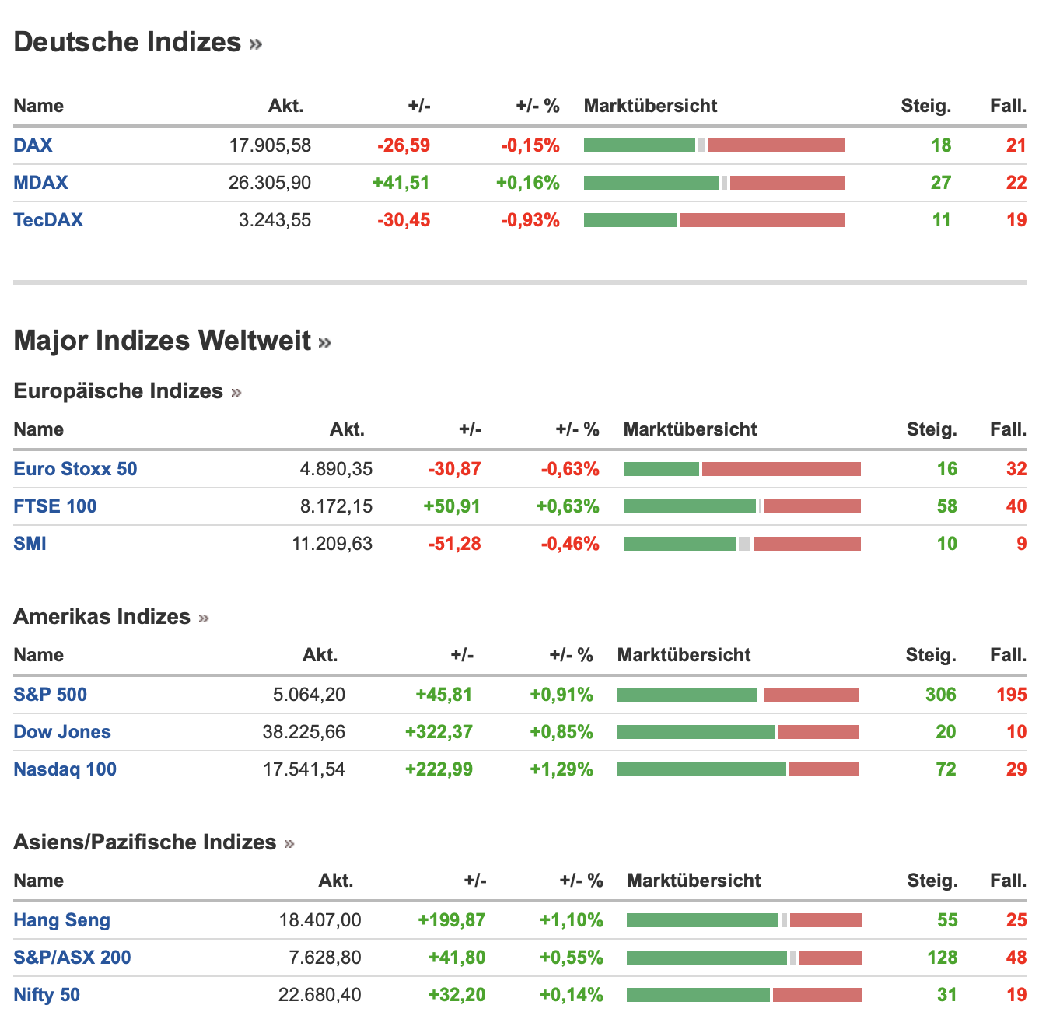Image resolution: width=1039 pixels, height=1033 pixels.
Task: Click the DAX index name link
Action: pos(33,145)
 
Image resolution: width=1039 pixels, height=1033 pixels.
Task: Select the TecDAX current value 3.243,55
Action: pos(275,220)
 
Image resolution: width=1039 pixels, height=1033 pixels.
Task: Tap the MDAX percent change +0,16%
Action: pos(528,183)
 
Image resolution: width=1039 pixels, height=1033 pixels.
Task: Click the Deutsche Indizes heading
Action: pos(128,42)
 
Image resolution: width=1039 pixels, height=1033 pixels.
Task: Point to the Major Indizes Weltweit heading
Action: pos(163,341)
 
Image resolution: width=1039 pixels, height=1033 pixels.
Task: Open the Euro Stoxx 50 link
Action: pos(75,469)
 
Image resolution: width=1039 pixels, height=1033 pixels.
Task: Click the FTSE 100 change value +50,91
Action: pos(452,506)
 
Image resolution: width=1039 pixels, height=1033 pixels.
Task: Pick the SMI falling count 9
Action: pos(1021,544)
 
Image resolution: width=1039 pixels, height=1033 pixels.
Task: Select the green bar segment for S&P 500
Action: pos(687,695)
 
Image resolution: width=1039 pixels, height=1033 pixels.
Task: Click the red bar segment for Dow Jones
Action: pos(818,732)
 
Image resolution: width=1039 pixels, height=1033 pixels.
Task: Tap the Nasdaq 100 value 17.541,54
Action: pos(304,769)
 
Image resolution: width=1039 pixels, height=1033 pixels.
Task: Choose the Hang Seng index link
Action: pos(62,920)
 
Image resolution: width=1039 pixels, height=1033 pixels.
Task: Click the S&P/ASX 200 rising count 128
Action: pos(942,958)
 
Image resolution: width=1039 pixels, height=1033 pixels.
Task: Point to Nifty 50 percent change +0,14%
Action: pos(572,995)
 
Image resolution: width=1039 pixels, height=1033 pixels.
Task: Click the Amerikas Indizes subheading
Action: pos(102,617)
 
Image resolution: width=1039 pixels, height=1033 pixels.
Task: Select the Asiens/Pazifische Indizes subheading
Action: pos(145,842)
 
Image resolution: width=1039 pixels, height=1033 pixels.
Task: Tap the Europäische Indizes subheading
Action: pos(118,391)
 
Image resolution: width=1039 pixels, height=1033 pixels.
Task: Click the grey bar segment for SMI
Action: pos(744,544)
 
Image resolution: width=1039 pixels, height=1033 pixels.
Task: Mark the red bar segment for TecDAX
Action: pos(762,220)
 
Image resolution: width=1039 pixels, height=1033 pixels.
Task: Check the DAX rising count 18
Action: pos(941,145)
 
